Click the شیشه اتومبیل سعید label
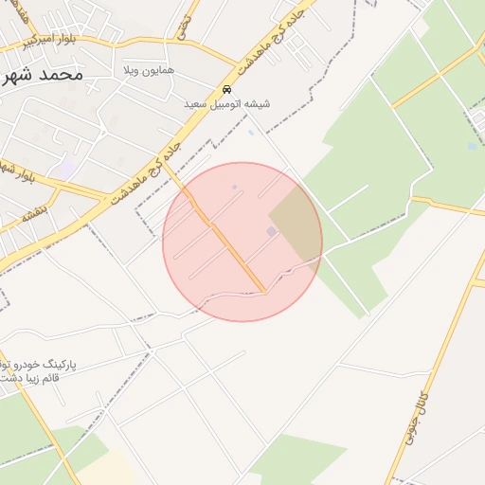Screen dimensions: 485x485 click(x=226, y=103)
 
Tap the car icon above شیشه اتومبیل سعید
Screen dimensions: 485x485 click(x=227, y=89)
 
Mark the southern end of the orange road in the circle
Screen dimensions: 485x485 click(x=263, y=290)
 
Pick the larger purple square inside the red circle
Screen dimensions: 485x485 click(x=272, y=231)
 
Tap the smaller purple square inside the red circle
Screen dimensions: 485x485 click(x=234, y=187)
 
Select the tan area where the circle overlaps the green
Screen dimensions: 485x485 click(x=298, y=224)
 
